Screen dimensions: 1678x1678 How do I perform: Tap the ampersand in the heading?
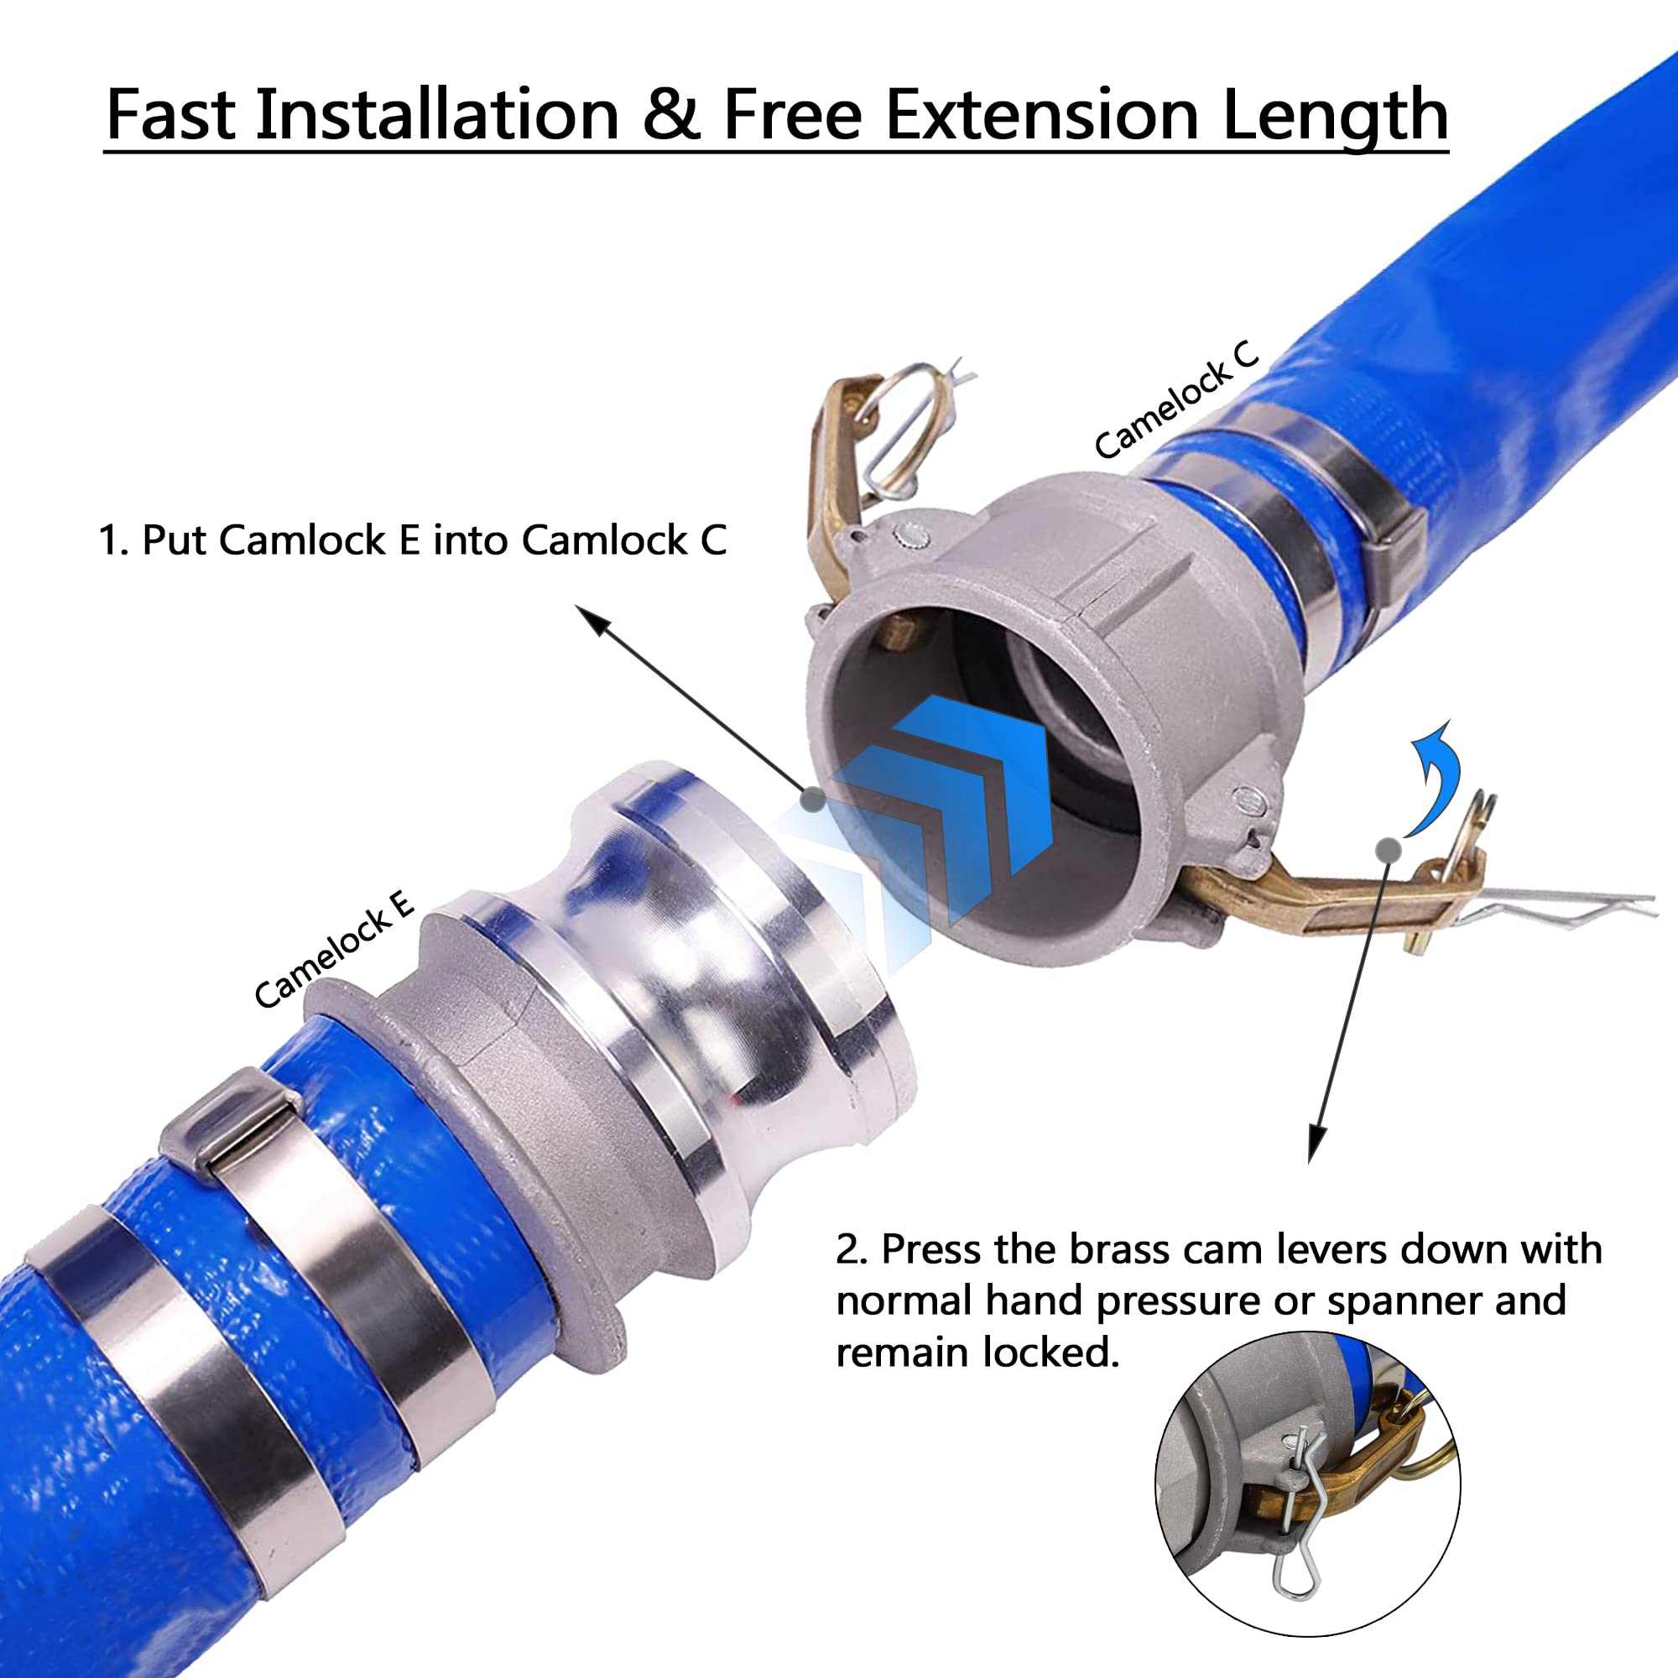pos(671,116)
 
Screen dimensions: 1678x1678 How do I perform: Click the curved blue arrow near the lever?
pos(1433,778)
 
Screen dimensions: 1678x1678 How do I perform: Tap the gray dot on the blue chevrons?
pos(812,799)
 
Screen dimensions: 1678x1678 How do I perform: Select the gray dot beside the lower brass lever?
pos(1388,849)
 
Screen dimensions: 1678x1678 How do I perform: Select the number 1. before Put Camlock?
pos(113,540)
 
